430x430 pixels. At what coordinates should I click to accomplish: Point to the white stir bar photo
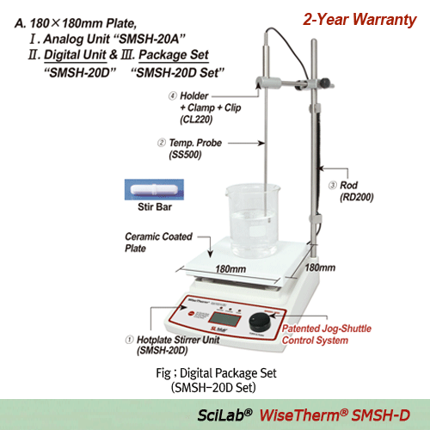[x=148, y=190]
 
